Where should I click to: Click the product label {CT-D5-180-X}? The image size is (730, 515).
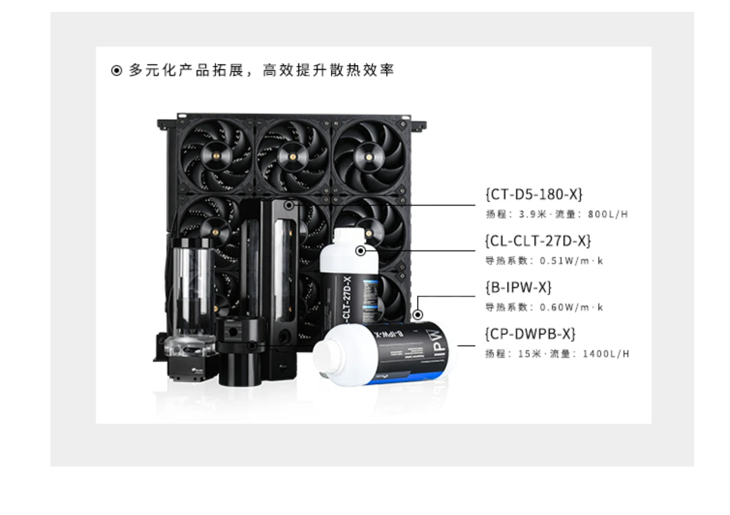click(x=534, y=194)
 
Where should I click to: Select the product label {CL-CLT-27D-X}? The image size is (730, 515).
click(x=538, y=241)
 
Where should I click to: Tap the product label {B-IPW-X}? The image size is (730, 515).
click(x=518, y=288)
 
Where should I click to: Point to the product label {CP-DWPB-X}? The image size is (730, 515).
click(x=530, y=334)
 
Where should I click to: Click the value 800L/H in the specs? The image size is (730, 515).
click(x=607, y=214)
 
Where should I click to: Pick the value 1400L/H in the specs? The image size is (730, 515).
click(x=606, y=354)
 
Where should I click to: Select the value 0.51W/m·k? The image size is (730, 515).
click(x=572, y=261)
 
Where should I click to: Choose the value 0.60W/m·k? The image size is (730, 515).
click(x=572, y=307)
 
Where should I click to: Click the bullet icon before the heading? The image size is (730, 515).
click(x=116, y=71)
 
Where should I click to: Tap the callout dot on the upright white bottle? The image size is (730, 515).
click(x=360, y=251)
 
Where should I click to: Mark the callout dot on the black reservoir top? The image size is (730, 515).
click(x=289, y=205)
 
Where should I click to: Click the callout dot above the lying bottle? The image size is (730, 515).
click(x=418, y=315)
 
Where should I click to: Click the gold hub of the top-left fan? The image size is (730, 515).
click(x=217, y=156)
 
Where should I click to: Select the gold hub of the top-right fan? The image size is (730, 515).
click(x=369, y=156)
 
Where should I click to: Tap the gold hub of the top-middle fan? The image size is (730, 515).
click(x=293, y=156)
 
